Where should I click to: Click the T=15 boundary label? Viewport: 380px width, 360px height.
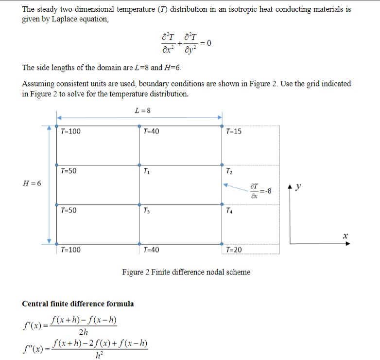click(234, 131)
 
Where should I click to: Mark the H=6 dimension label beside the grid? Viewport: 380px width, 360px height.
click(32, 183)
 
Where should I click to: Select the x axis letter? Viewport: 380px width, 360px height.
click(345, 236)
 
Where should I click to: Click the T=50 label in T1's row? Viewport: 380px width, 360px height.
click(69, 171)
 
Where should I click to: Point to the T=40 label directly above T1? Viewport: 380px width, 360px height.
click(151, 131)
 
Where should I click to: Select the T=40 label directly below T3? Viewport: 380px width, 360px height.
click(151, 250)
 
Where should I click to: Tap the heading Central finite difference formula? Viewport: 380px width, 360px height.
click(78, 304)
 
